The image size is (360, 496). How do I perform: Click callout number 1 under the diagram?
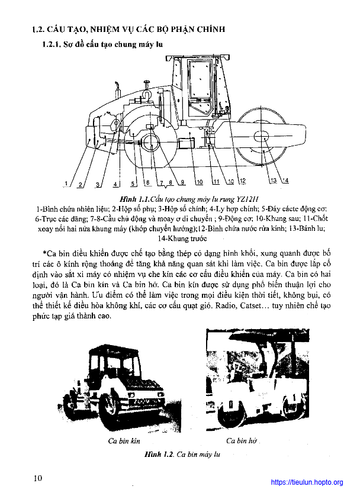tap(67, 183)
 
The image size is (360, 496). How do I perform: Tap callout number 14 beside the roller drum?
tap(285, 181)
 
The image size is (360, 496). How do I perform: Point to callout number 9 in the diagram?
tap(183, 181)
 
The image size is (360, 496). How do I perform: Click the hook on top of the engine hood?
tap(145, 92)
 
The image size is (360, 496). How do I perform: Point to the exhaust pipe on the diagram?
tap(117, 90)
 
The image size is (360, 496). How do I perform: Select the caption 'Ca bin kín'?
tap(123, 441)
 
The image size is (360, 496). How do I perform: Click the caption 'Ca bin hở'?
tap(241, 441)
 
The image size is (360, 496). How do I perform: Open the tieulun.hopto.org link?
tap(307, 482)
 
